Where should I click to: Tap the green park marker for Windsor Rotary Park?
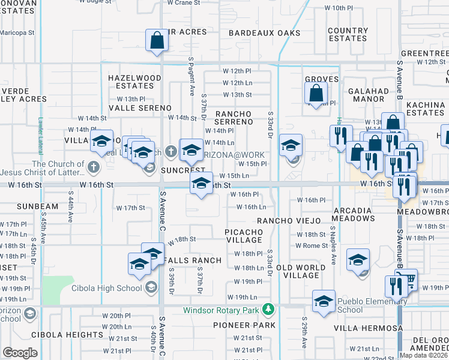(269, 310)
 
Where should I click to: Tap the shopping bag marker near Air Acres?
(157, 41)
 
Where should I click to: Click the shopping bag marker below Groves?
(316, 94)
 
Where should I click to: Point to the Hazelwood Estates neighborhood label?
(134, 82)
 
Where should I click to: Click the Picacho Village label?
(244, 235)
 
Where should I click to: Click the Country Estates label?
(348, 34)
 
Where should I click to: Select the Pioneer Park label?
(244, 325)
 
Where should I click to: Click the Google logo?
(20, 352)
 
